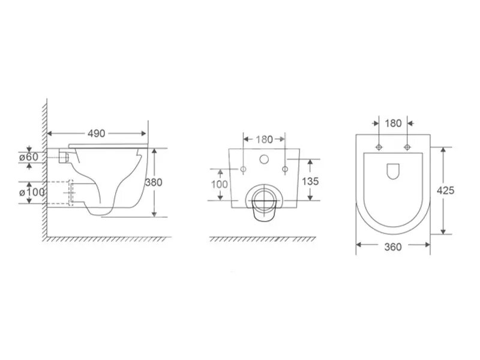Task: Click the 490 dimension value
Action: [x=96, y=133]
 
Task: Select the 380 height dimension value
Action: [x=154, y=182]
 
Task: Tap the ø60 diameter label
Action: [x=29, y=157]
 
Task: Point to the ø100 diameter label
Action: [x=32, y=193]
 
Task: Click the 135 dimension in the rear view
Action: [x=310, y=181]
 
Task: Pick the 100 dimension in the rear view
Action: [x=220, y=184]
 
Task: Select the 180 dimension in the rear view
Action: [x=264, y=140]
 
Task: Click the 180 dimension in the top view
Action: [x=393, y=124]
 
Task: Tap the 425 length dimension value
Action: [x=445, y=191]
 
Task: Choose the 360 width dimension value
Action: [x=393, y=247]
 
